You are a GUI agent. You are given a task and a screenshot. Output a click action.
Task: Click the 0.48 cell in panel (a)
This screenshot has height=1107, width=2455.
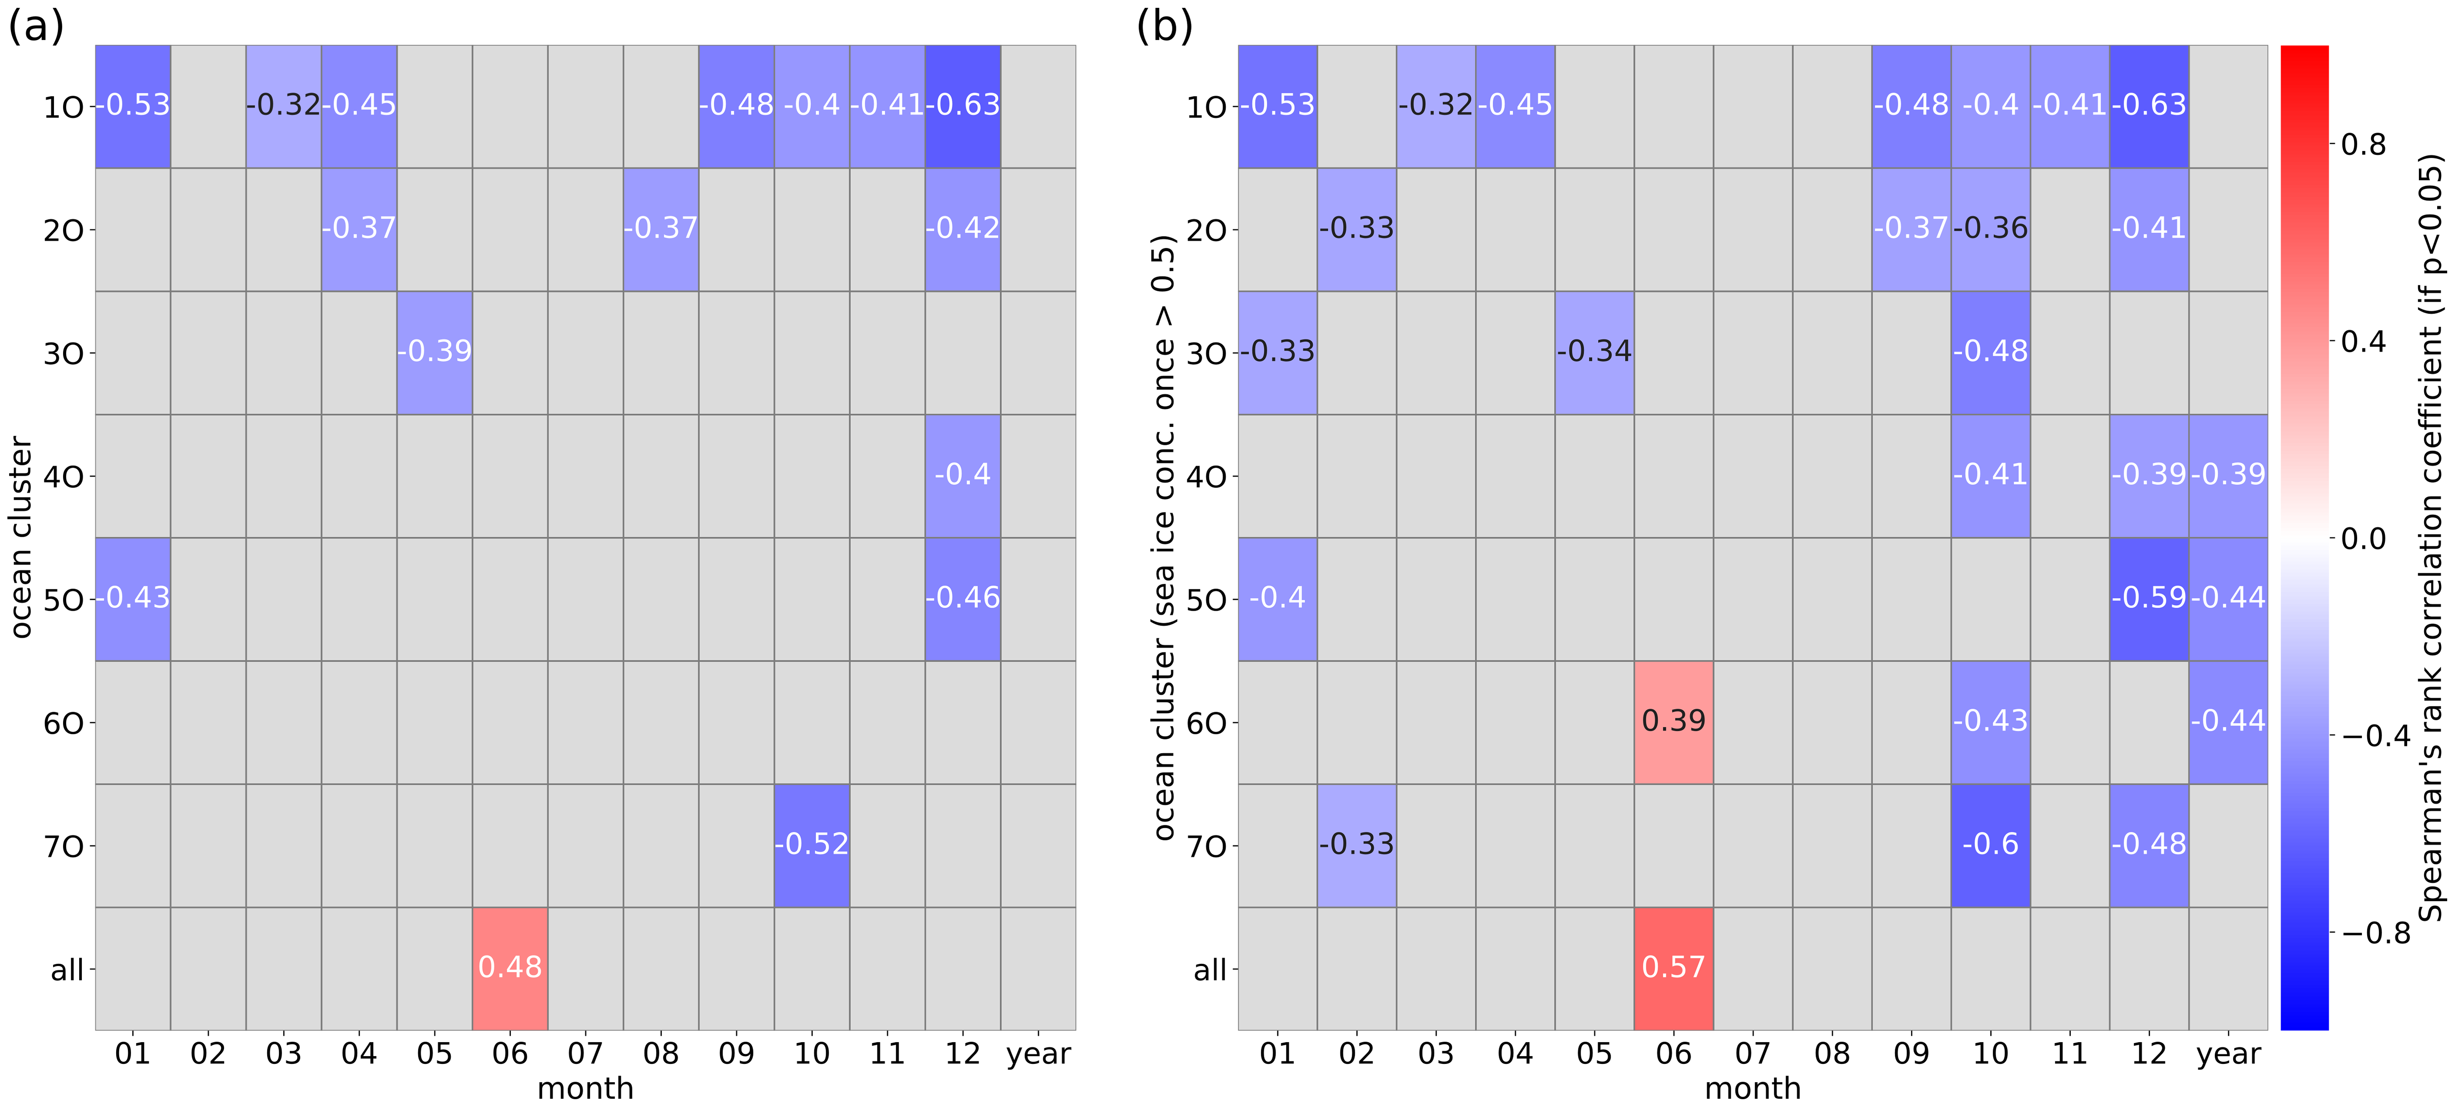tap(510, 968)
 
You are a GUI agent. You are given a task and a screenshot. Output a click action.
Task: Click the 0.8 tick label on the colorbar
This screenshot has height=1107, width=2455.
tap(2364, 145)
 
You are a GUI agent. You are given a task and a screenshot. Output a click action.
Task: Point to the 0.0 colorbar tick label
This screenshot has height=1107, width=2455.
tap(2364, 539)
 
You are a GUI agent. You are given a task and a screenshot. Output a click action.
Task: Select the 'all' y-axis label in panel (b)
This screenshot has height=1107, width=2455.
tap(1209, 970)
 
